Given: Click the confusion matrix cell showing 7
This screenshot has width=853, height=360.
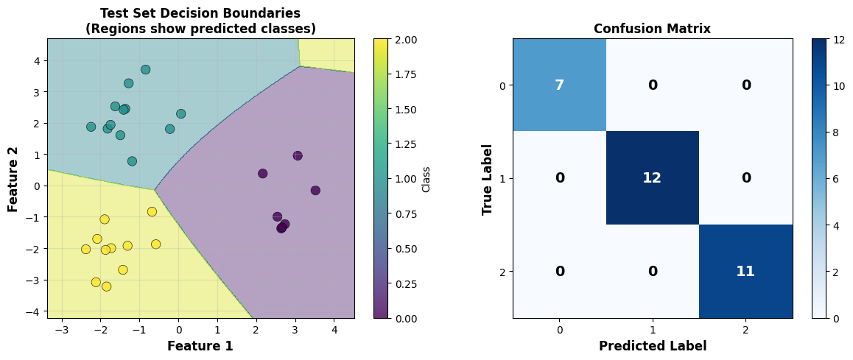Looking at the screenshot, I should click(559, 85).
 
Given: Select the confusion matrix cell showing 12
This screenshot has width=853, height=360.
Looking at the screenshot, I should click(652, 178).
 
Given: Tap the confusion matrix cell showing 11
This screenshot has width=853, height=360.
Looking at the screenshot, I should click(745, 271).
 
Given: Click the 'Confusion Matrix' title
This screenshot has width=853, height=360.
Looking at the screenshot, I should click(653, 29).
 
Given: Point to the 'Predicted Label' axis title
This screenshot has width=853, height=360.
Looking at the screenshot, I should click(653, 346).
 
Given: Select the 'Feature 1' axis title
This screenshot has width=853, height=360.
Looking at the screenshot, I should click(200, 346).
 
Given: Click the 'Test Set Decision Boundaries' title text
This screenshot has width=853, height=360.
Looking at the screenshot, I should click(200, 13).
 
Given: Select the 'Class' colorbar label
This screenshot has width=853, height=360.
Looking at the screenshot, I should click(426, 178).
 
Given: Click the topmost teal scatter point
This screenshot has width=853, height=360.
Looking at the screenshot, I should click(146, 69).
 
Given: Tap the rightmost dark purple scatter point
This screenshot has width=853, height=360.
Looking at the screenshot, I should click(315, 191).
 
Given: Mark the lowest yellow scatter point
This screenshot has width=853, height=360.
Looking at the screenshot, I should click(106, 286).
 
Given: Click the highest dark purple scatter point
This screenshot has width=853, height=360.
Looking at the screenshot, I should click(298, 155).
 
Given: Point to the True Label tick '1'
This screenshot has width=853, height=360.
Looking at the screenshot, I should click(502, 178).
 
